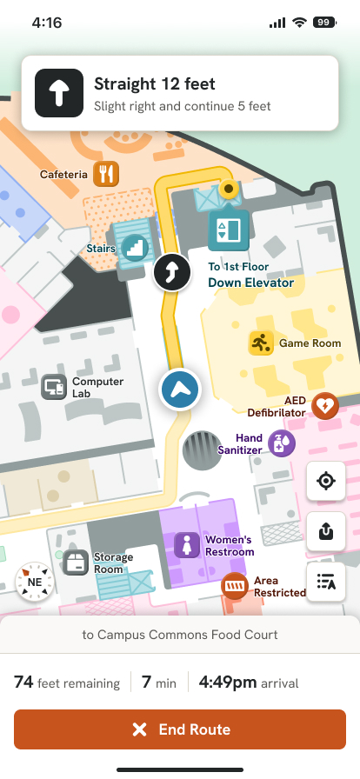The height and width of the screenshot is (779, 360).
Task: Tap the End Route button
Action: point(180,729)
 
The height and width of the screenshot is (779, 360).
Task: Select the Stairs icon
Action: point(135,248)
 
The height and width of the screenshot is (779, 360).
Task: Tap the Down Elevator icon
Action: point(228,229)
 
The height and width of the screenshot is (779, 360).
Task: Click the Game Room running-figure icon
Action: point(261,343)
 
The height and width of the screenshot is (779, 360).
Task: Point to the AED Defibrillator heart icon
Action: point(324,405)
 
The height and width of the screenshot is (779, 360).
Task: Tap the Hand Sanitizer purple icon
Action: point(281,443)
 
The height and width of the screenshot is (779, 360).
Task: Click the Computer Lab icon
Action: point(54,386)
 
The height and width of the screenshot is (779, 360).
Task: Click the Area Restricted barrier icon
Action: point(234,586)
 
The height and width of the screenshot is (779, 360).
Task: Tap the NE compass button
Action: point(35,582)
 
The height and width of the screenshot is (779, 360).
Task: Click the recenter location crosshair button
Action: point(327,482)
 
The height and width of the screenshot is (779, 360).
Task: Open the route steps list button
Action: point(327,582)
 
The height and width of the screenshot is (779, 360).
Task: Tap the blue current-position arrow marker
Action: point(180,389)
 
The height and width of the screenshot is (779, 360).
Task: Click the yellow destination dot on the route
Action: point(230,188)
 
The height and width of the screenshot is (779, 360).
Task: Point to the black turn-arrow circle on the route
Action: point(171,273)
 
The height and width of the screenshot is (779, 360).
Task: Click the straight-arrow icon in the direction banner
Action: point(58,94)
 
